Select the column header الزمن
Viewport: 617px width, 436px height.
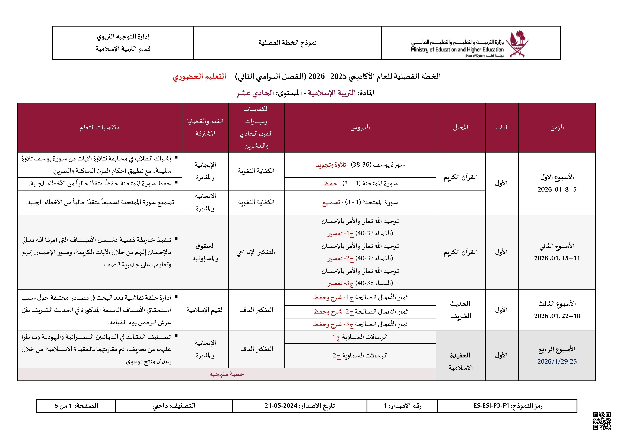coord(557,128)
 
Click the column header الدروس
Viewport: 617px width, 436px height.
coord(360,128)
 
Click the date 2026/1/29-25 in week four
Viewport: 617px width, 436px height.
coord(557,361)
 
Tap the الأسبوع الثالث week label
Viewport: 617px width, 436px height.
coord(557,304)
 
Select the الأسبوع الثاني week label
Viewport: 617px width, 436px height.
coord(557,246)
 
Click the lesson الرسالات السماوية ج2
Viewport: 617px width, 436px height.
coord(360,356)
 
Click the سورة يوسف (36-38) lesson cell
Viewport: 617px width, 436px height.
coord(360,165)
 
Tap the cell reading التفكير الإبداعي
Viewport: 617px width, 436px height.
coord(256,252)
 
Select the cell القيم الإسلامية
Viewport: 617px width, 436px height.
coord(205,310)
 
